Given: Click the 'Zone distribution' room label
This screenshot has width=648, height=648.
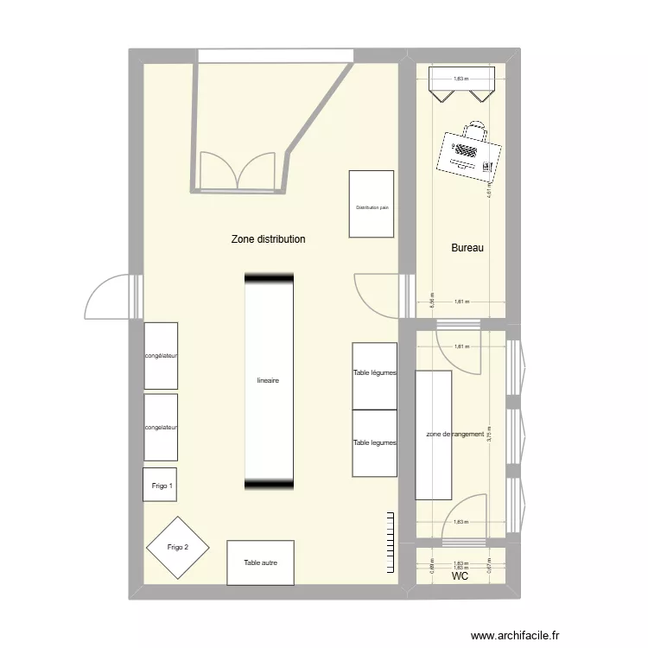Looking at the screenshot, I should tap(268, 239).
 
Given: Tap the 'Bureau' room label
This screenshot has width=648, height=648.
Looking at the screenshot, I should tap(467, 249).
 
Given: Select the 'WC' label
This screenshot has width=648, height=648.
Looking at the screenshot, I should tap(460, 575).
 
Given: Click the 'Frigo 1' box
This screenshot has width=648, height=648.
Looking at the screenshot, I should tap(162, 486).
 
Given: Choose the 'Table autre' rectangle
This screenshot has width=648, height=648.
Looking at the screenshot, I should tap(260, 563).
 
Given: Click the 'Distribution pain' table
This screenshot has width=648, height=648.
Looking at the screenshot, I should tap(372, 204).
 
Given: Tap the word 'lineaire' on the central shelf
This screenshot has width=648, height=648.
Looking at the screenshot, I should tap(268, 380).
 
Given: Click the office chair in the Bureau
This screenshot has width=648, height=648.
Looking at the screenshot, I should tap(474, 131).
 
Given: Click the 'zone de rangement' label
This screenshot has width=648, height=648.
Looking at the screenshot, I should tap(454, 435).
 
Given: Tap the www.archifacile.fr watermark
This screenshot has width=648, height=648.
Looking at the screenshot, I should tap(516, 635).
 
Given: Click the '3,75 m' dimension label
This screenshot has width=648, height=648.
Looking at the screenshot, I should tap(488, 434).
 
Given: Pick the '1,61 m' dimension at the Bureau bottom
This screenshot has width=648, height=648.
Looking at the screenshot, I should tap(461, 302).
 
